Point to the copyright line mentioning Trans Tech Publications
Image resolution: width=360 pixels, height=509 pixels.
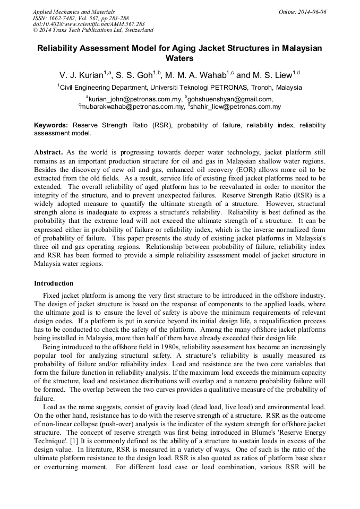pos(93,30)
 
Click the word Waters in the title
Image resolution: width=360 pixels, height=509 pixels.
pos(179,58)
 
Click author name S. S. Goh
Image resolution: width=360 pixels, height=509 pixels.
pos(138,74)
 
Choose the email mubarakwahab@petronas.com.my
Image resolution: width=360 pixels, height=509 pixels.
pos(132,107)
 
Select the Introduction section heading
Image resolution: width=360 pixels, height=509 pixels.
pos(54,283)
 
